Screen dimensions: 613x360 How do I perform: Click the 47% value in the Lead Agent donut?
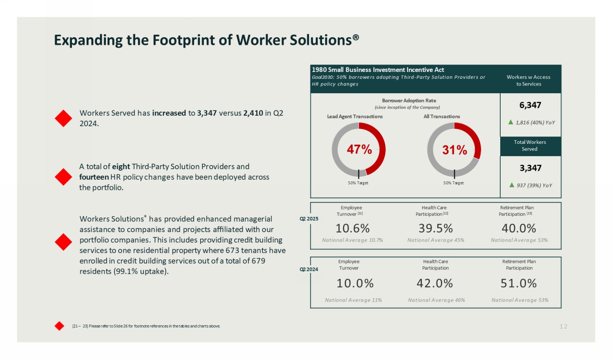pyautogui.click(x=359, y=150)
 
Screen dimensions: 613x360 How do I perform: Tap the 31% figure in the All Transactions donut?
pyautogui.click(x=454, y=150)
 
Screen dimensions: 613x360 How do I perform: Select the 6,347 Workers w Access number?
pyautogui.click(x=530, y=105)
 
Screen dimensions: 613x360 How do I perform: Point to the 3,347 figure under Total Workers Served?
pyautogui.click(x=530, y=168)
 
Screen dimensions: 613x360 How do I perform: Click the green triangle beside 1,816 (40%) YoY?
pyautogui.click(x=511, y=122)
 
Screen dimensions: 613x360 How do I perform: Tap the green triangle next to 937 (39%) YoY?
pyautogui.click(x=512, y=185)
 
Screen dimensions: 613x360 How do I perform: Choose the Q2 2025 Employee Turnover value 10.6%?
pyautogui.click(x=352, y=228)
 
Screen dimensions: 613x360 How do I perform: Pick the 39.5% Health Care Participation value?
pyautogui.click(x=436, y=228)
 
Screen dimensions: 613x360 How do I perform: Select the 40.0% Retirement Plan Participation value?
pyautogui.click(x=519, y=228)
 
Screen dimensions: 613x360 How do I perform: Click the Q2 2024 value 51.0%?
pyautogui.click(x=519, y=283)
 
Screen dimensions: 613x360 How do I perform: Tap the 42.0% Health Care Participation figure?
pyautogui.click(x=435, y=283)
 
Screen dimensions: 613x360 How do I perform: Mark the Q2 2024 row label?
pyautogui.click(x=309, y=269)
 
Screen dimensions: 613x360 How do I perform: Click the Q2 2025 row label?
pyautogui.click(x=309, y=219)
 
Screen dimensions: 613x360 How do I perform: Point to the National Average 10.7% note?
pyautogui.click(x=352, y=240)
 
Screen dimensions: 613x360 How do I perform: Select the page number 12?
pyautogui.click(x=564, y=326)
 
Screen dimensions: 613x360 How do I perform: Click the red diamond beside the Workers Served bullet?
pyautogui.click(x=63, y=119)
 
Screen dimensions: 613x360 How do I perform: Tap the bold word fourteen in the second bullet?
pyautogui.click(x=94, y=177)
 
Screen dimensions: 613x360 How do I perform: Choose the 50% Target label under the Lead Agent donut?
pyautogui.click(x=358, y=183)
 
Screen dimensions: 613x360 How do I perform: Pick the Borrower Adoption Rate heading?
pyautogui.click(x=409, y=101)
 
